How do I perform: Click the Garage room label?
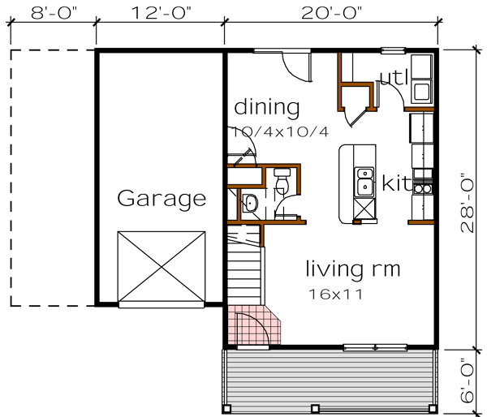point(161,198)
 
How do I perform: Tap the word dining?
point(267,107)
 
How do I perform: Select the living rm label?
point(353,268)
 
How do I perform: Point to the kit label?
point(397,183)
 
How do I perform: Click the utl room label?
point(393,78)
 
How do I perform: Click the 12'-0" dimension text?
point(160,12)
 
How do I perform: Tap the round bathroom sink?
point(250,203)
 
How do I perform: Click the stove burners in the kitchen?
point(423,189)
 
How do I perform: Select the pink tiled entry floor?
point(253,325)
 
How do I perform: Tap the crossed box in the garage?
point(162,267)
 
